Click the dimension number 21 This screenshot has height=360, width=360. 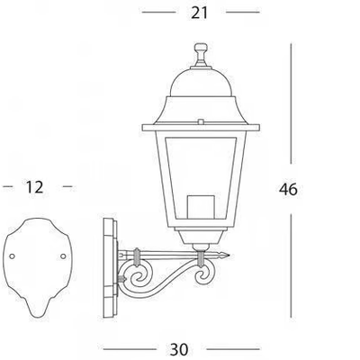point(199,13)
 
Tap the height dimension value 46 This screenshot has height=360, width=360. point(288,189)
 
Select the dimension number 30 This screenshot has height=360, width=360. point(179,349)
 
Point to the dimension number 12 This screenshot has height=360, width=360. point(35,187)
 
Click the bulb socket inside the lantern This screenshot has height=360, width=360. point(201,207)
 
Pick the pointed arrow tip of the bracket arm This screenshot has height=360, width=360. point(229,256)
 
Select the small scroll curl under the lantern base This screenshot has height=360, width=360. point(204,276)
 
